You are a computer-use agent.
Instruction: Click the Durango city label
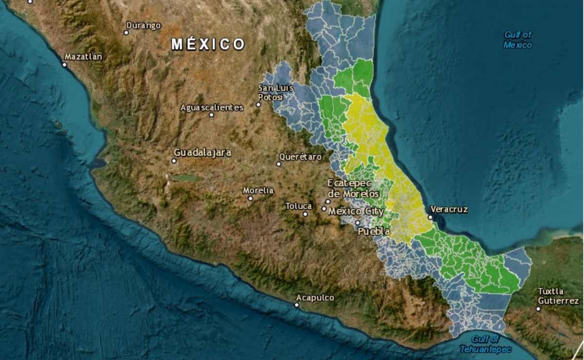point(143,25)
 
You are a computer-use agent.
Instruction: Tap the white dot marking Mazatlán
point(64,64)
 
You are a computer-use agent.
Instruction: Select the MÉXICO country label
point(208,44)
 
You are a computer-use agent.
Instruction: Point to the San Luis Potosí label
point(270,92)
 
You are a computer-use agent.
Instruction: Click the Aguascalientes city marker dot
point(211,115)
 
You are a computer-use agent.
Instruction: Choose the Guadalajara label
point(202,152)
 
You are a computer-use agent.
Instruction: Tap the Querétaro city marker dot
point(279,164)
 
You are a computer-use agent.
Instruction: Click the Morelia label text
point(258,190)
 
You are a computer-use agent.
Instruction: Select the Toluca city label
point(299,206)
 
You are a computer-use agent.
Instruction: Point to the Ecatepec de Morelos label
point(349,188)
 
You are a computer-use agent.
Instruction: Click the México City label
point(356,212)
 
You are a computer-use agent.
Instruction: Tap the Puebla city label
point(373,232)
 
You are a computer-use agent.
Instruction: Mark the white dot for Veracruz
point(430,217)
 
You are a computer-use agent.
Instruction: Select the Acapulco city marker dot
point(297,305)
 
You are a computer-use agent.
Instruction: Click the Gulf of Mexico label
point(517,40)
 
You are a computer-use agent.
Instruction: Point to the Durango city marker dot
point(126,33)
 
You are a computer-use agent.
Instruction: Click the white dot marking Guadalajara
point(174,161)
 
